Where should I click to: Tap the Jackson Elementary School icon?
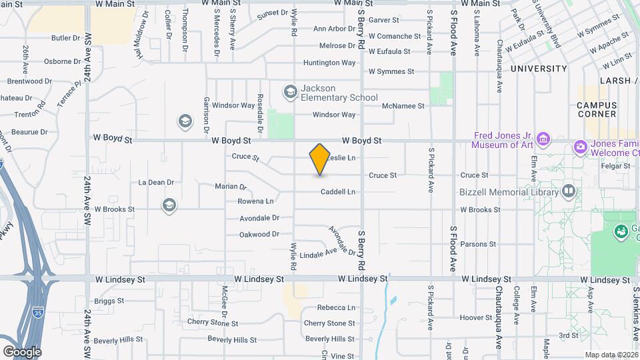(x=290, y=92)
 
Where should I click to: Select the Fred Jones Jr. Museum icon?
(x=544, y=139)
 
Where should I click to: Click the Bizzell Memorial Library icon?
(x=569, y=192)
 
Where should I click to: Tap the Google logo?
(x=21, y=351)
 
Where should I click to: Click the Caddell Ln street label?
(x=338, y=192)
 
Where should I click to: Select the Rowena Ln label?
(x=256, y=201)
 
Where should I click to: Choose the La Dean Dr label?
(x=156, y=182)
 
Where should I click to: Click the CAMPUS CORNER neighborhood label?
(x=597, y=109)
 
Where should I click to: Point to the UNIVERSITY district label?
(x=539, y=69)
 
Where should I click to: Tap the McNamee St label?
(x=403, y=106)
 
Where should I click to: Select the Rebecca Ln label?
(x=336, y=308)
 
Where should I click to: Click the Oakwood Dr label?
(x=259, y=235)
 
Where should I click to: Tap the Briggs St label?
(x=109, y=301)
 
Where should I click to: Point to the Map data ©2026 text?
(x=611, y=355)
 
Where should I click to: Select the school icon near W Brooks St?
(x=169, y=205)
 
